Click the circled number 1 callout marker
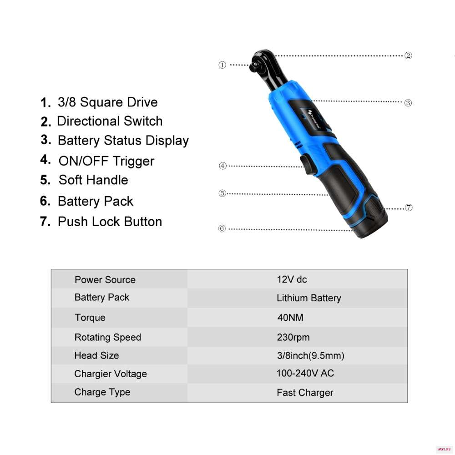point(222,65)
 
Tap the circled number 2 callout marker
point(408,56)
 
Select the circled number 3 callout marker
point(408,103)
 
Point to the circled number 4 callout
point(222,166)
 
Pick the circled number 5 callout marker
point(222,193)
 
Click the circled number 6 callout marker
point(222,229)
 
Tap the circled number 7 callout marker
point(409,208)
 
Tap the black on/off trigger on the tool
point(306,164)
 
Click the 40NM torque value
point(290,318)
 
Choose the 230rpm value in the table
point(293,337)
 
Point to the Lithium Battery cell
point(309,298)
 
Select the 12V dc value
point(292,279)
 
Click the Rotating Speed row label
point(108,337)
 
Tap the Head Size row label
point(96,355)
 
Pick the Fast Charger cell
point(305,393)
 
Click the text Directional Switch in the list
point(110,121)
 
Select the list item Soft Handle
point(93,180)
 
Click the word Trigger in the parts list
point(133,162)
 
